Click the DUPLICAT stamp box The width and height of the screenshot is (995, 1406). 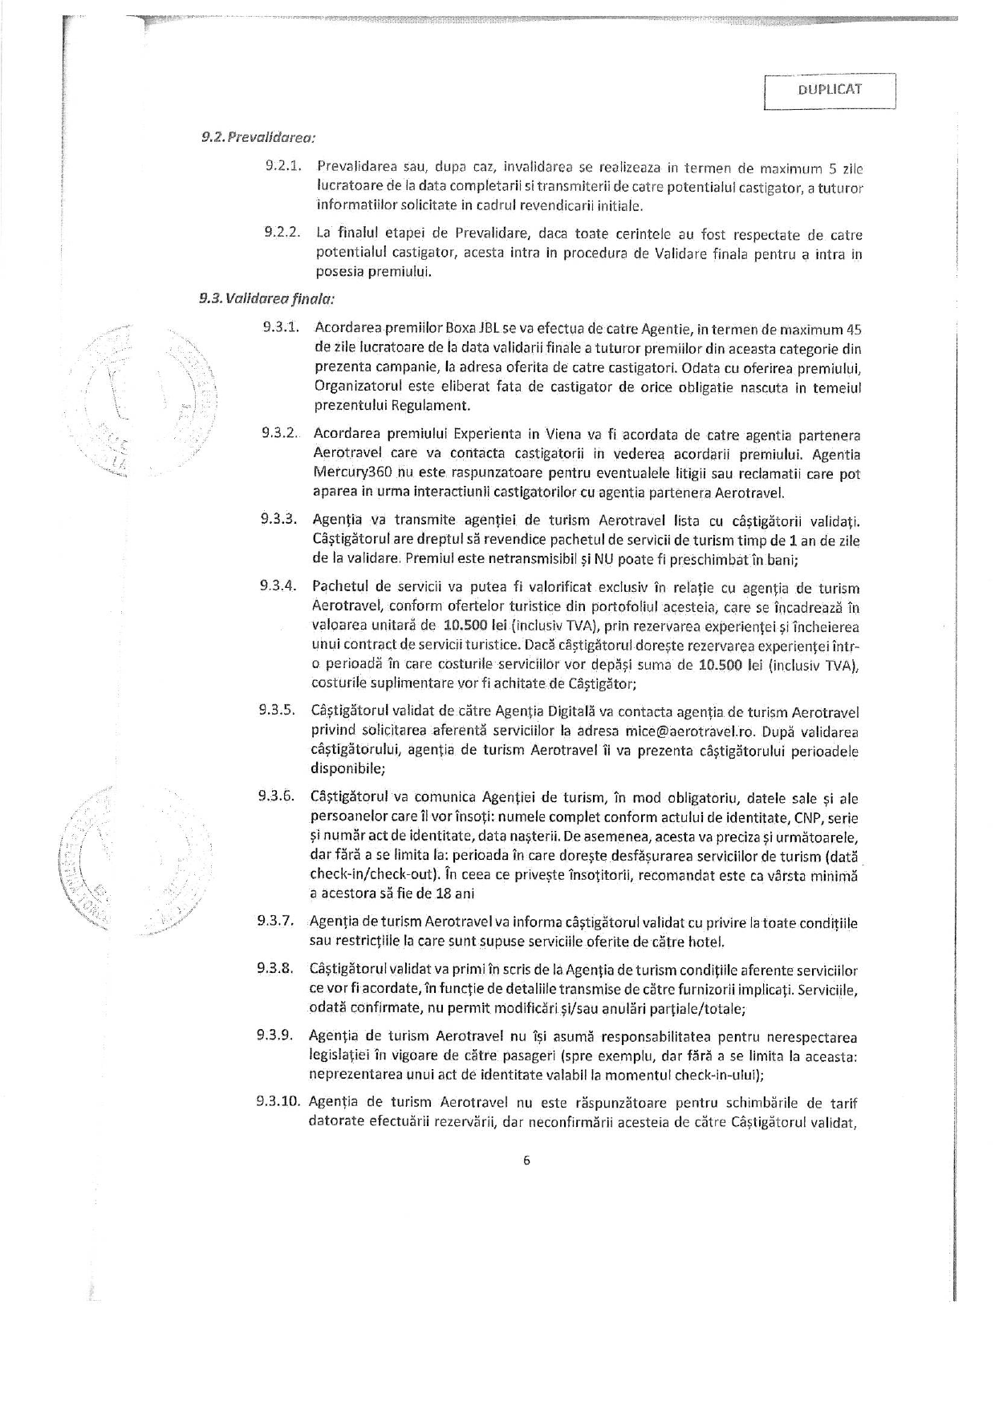pos(830,90)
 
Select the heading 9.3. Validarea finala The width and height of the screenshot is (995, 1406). pos(266,298)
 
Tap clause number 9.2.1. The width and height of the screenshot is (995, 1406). pos(282,167)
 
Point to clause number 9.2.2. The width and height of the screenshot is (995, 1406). pos(282,233)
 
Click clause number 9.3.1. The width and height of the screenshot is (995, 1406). pos(281,327)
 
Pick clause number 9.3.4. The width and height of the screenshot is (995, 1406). pos(278,586)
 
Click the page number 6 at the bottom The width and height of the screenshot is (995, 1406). pos(526,1160)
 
